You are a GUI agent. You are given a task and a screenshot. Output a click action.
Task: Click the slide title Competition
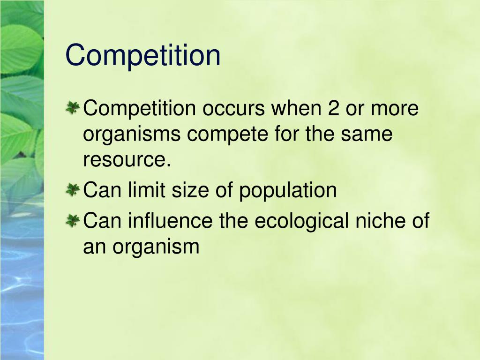(143, 55)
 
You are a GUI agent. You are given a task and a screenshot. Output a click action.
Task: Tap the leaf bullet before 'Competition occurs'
(72, 109)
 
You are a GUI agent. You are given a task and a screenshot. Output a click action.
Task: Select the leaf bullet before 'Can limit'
(72, 190)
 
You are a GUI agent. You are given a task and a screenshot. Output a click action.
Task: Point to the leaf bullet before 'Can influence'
(72, 220)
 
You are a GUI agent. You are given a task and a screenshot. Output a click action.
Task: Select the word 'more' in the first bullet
(395, 109)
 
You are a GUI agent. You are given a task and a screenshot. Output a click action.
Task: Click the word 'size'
(195, 190)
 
